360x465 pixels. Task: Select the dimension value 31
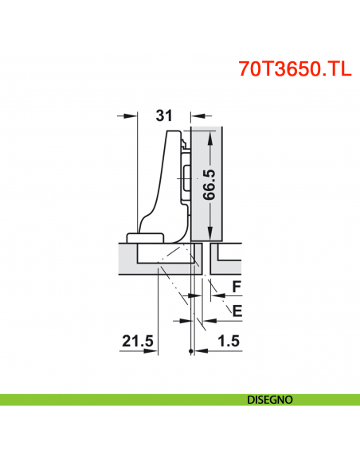tap(163, 115)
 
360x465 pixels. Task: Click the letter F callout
tap(236, 285)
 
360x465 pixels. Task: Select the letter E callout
tap(236, 307)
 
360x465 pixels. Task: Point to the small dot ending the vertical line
tap(192, 351)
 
